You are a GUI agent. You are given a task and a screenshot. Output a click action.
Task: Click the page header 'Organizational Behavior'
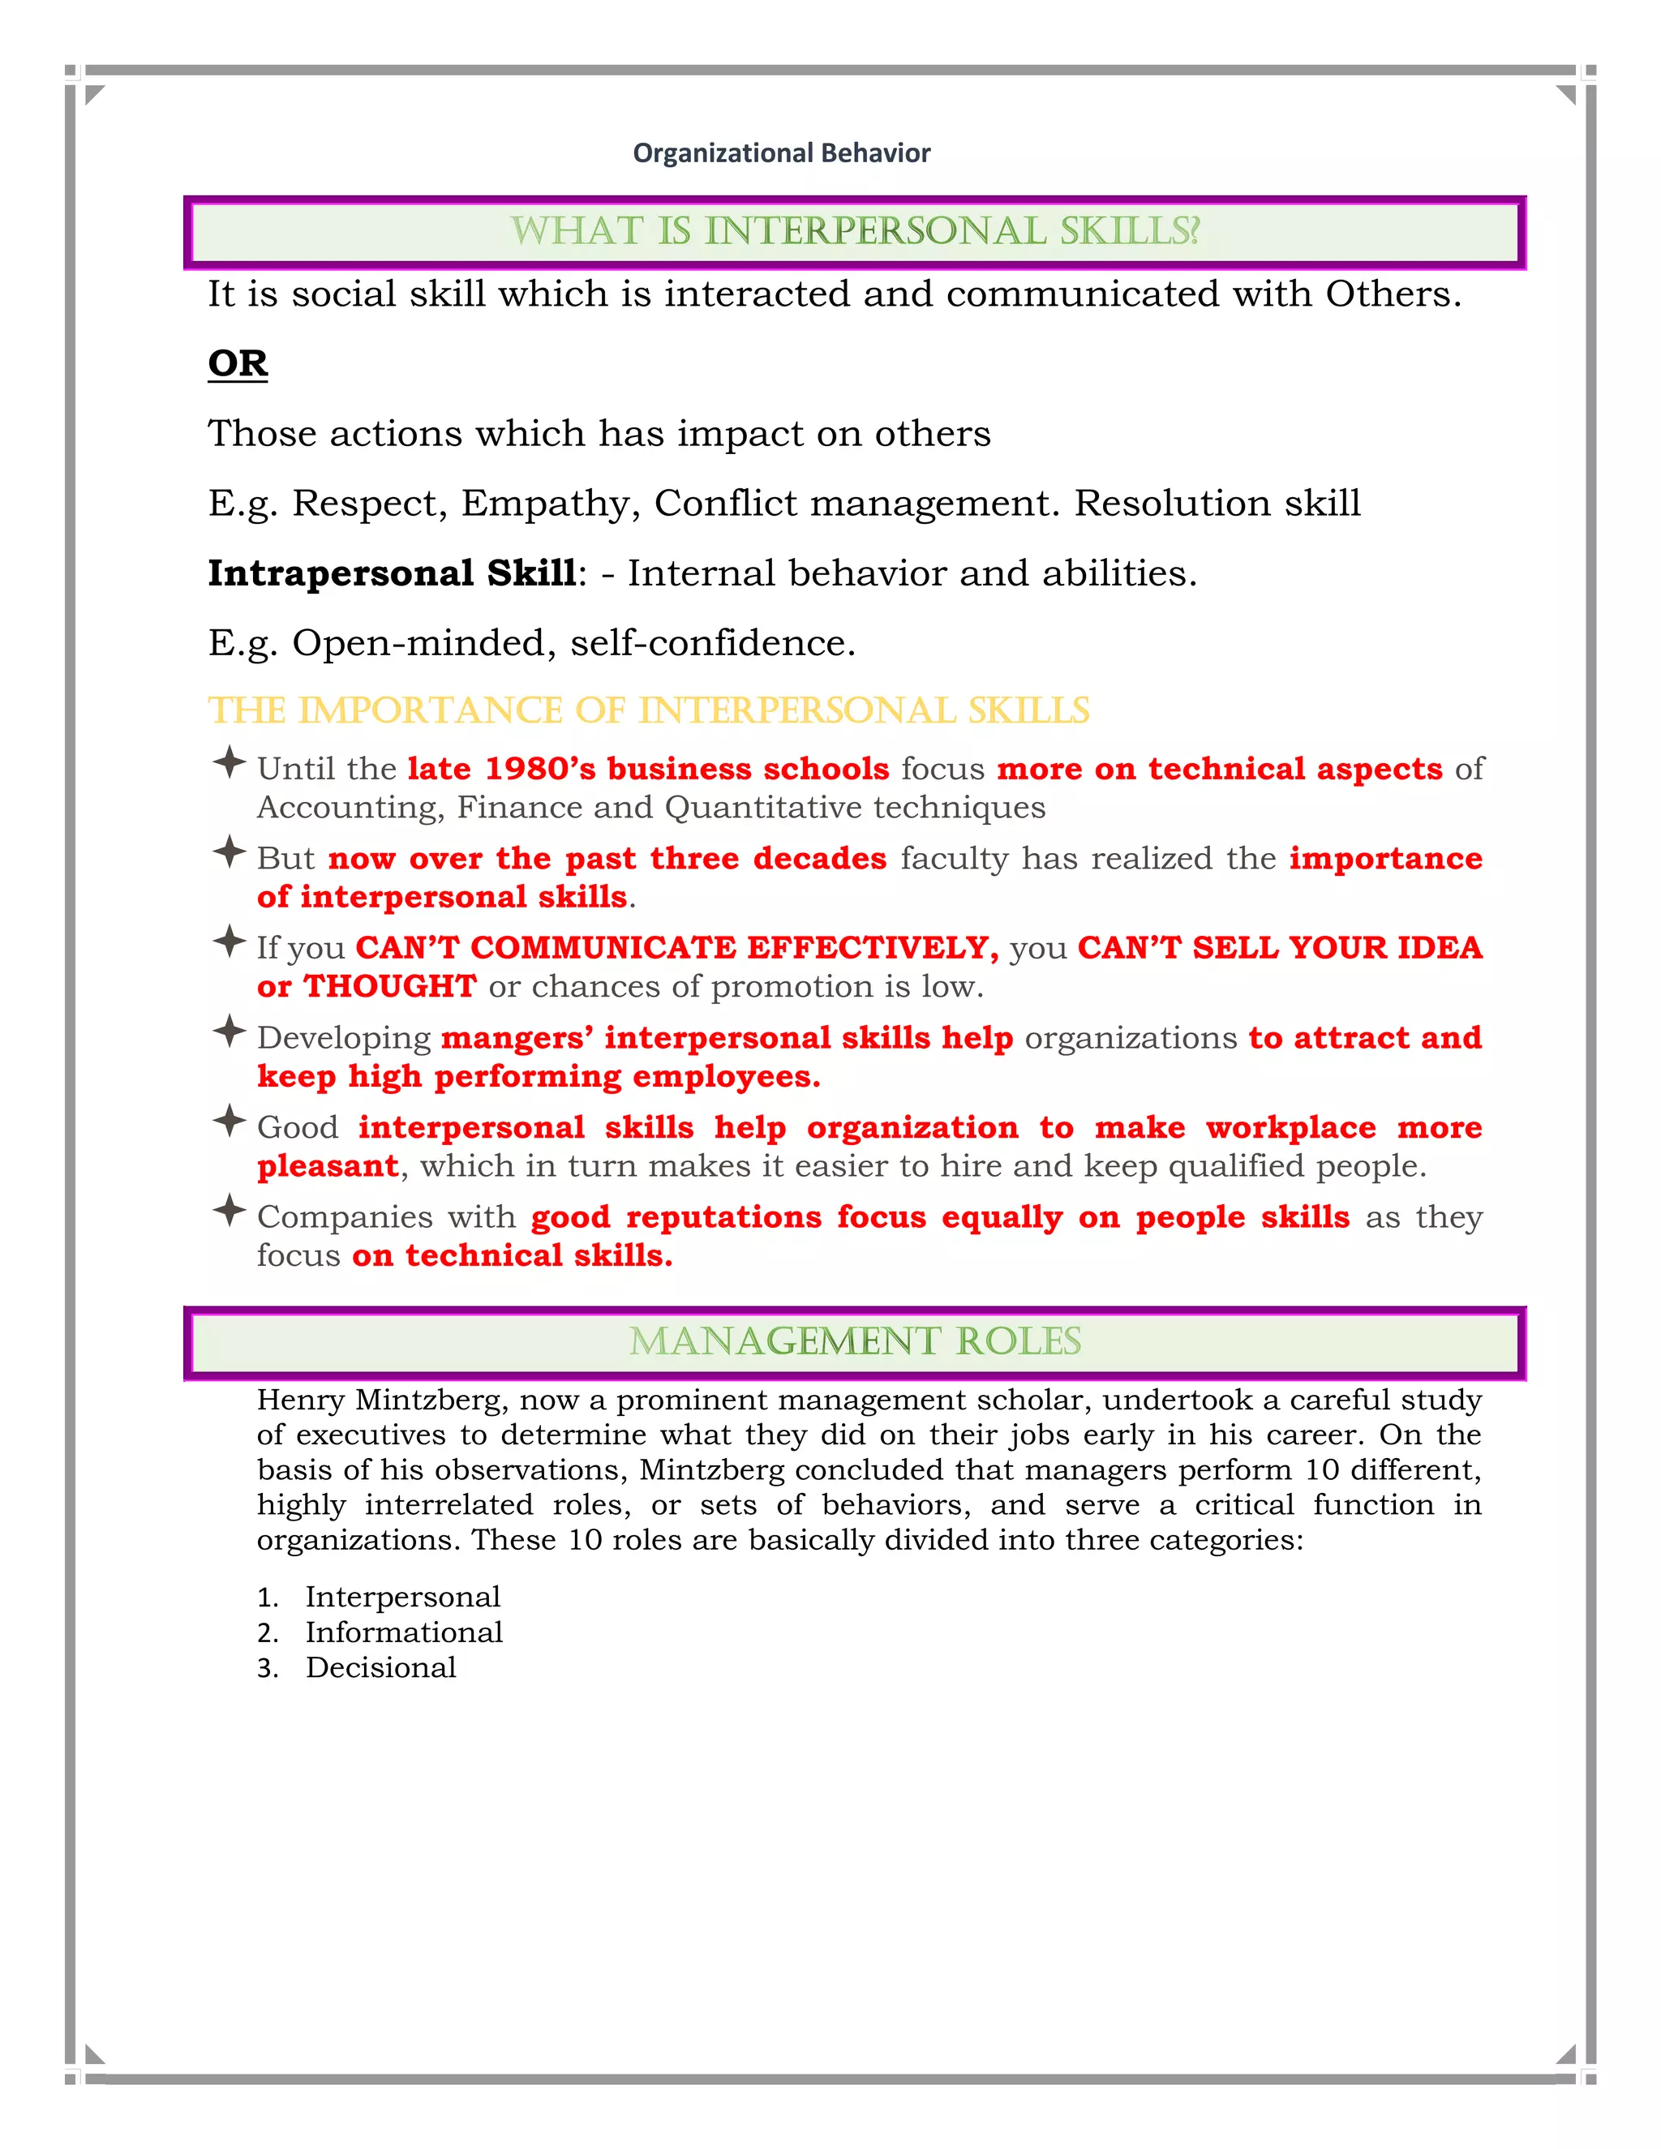tap(781, 153)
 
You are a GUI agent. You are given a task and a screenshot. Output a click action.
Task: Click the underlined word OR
tap(237, 363)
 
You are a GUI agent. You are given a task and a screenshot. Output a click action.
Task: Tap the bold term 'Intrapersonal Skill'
tap(392, 573)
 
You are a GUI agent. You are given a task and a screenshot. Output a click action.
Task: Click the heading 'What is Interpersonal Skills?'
tap(854, 231)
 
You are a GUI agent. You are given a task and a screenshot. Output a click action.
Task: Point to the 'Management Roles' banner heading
tap(854, 1341)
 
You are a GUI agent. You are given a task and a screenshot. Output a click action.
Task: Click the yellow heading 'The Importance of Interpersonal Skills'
tap(649, 710)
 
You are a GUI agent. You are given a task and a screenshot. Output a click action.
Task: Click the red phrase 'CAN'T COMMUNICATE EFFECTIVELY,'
tap(677, 947)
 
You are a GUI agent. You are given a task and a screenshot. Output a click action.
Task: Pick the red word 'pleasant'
tap(328, 1166)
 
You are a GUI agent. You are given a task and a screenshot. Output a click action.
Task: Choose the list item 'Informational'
tap(403, 1632)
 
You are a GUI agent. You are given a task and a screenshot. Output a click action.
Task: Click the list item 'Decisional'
tap(381, 1668)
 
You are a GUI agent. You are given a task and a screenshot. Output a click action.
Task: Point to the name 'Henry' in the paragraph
tap(300, 1400)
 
